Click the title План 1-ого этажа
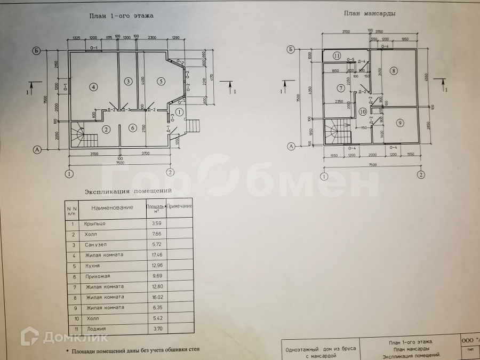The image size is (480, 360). point(121,16)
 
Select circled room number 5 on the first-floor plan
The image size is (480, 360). point(159,82)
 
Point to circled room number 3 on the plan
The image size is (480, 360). point(128,82)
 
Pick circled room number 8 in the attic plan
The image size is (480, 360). point(394,70)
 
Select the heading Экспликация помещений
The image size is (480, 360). point(128,190)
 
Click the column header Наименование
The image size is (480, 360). point(112,207)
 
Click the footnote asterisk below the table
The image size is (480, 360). point(67,351)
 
